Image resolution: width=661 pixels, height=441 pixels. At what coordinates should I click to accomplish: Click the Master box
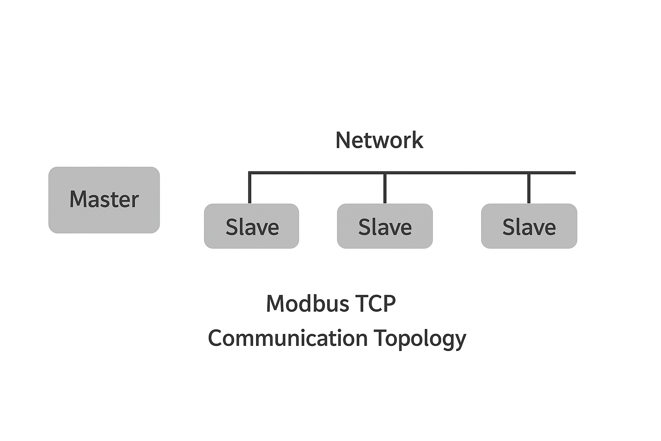click(104, 200)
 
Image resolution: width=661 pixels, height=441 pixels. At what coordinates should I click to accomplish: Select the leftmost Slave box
click(251, 226)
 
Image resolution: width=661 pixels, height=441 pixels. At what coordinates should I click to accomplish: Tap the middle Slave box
click(385, 226)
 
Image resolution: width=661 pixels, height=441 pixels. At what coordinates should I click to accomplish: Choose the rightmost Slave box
click(529, 226)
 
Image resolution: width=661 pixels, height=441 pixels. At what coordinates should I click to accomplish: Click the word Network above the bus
click(379, 140)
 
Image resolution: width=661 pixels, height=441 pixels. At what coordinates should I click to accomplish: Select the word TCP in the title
click(376, 304)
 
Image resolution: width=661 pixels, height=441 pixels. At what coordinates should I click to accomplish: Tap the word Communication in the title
click(287, 338)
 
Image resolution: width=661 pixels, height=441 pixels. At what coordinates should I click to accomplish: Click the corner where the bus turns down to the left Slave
click(250, 173)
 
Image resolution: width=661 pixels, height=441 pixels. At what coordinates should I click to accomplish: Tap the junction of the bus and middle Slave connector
click(385, 173)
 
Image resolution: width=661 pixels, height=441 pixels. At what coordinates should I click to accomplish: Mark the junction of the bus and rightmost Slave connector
click(529, 173)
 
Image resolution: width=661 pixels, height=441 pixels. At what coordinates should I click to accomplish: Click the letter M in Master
click(79, 199)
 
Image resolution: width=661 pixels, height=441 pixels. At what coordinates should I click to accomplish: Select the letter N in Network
click(344, 140)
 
